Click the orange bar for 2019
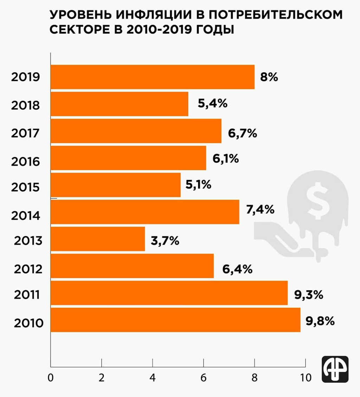(153, 77)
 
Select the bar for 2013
(98, 239)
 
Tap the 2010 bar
(175, 320)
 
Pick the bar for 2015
(116, 185)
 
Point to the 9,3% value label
(308, 295)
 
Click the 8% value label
(269, 77)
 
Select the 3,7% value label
(165, 241)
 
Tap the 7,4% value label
(260, 210)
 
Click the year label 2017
(26, 134)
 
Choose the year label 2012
(28, 269)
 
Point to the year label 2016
(26, 161)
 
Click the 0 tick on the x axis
(51, 378)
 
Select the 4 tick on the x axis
(153, 378)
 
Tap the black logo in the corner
(335, 369)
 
